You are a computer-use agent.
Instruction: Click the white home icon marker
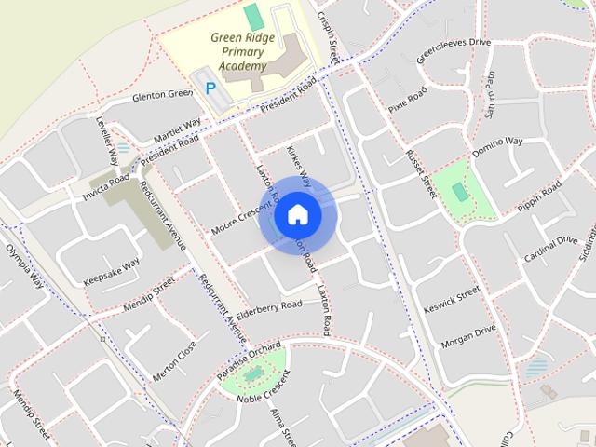pyautogui.click(x=297, y=215)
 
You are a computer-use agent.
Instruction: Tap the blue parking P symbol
pyautogui.click(x=211, y=88)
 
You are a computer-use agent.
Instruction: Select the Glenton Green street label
pyautogui.click(x=162, y=95)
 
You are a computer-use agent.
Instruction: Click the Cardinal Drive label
pyautogui.click(x=549, y=248)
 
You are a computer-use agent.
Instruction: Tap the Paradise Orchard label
pyautogui.click(x=249, y=359)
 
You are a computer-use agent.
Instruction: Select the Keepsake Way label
pyautogui.click(x=111, y=270)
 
